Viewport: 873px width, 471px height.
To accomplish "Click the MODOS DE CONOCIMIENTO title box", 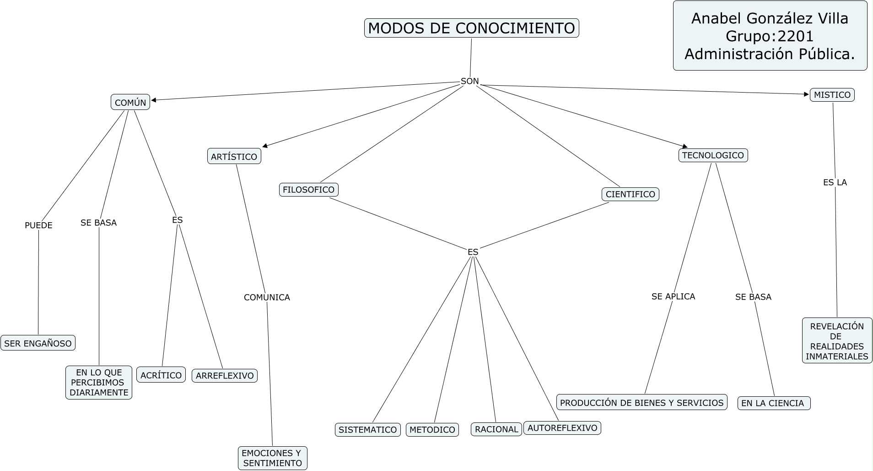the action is point(471,28).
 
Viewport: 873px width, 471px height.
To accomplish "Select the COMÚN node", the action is point(130,102).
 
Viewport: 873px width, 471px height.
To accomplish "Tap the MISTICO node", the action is point(832,95).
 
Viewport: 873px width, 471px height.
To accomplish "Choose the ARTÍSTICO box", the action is point(234,156).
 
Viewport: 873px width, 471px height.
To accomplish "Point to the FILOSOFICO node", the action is point(308,189).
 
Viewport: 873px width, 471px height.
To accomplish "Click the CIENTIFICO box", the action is point(630,194).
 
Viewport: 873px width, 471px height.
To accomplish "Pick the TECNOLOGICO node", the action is point(712,155).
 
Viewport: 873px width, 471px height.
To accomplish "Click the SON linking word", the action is point(469,81).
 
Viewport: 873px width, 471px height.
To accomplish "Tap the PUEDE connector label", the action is point(38,225).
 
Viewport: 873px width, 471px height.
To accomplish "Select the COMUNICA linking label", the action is point(267,297).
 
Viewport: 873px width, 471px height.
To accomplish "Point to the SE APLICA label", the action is point(673,296).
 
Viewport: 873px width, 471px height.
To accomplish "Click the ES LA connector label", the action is point(835,182).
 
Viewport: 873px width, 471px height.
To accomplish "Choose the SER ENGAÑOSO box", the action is point(38,343).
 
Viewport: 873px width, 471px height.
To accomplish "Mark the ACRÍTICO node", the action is point(161,375).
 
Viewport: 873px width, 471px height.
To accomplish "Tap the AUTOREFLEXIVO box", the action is point(562,428).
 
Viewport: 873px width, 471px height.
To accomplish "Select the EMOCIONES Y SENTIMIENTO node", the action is point(272,458).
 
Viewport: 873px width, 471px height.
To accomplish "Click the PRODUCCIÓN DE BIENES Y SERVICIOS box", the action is point(641,403).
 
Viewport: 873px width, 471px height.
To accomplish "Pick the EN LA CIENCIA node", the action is point(773,403).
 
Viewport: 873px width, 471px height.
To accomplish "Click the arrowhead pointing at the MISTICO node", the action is point(807,94).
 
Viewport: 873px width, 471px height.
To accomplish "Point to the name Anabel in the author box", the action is point(716,18).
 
